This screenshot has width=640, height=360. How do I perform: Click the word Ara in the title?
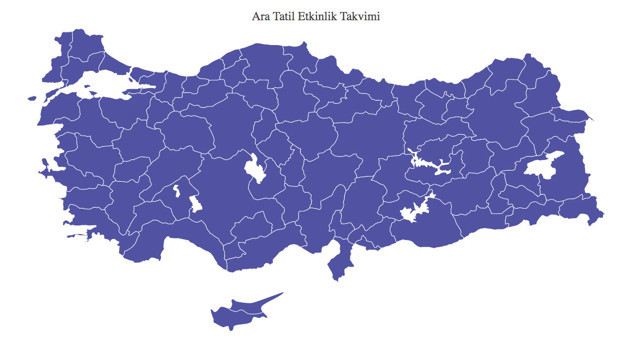click(x=265, y=17)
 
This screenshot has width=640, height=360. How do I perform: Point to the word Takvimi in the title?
click(x=367, y=17)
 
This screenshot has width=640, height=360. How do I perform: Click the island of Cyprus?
click(x=240, y=311)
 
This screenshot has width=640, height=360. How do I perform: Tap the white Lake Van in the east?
click(x=546, y=168)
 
